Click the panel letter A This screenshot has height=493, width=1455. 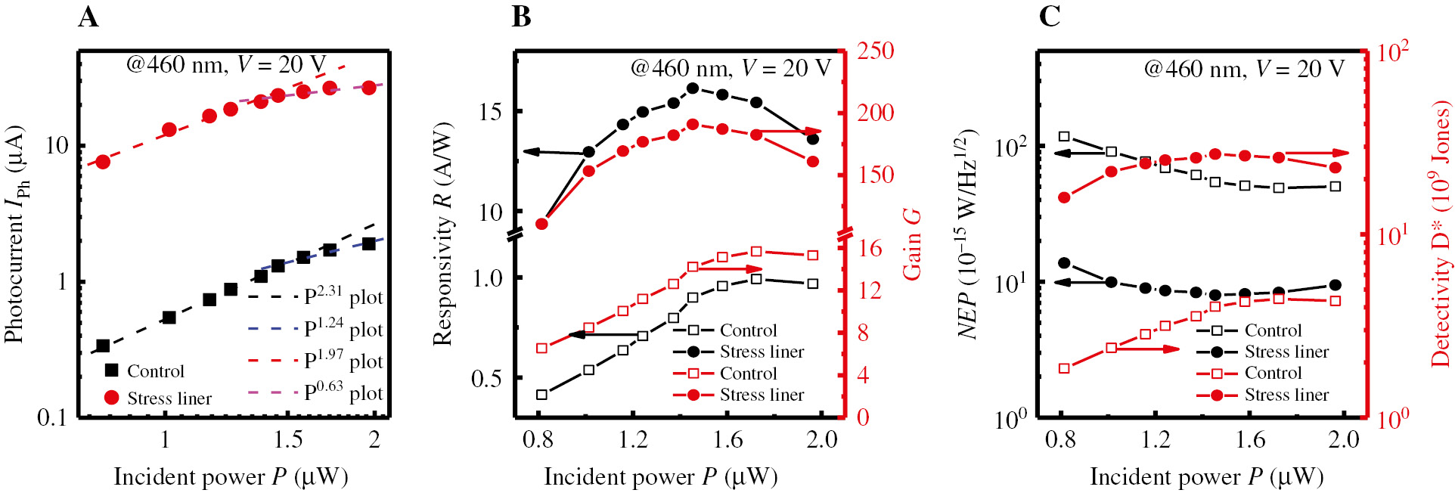pos(88,17)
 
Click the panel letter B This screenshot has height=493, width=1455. pos(521,17)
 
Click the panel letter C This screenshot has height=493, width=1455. pos(1050,17)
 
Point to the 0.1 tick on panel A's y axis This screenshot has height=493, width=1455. pos(52,417)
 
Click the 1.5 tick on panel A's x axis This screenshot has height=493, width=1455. pos(288,441)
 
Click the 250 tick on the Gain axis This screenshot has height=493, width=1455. pos(876,51)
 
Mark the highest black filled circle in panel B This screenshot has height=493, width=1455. pos(693,88)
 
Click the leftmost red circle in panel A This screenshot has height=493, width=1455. pos(104,162)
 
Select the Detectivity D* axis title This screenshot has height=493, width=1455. pos(1441,234)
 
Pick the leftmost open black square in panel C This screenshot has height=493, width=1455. pos(1064,137)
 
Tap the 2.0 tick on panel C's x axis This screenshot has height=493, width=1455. pos(1344,441)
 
